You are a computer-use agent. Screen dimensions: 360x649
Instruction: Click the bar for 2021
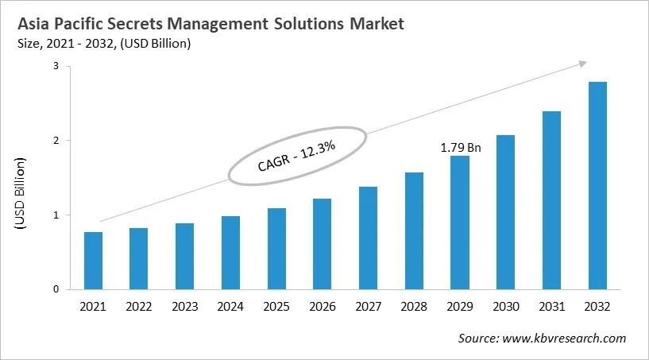point(93,261)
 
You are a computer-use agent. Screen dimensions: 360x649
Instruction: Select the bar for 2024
point(230,253)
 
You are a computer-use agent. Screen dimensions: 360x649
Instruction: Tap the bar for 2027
point(368,238)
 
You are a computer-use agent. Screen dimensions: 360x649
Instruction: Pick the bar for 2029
point(460,223)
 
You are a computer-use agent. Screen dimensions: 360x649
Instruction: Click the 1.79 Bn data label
point(461,147)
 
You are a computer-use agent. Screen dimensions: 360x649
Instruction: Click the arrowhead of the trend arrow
point(583,63)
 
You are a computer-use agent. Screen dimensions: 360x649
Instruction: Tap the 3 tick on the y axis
point(56,67)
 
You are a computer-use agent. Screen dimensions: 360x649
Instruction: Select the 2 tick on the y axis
point(56,141)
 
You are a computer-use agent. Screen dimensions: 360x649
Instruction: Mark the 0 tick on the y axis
point(56,289)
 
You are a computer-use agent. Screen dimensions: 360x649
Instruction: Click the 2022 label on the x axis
point(139,306)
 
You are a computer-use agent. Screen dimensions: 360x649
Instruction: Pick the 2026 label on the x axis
point(323,306)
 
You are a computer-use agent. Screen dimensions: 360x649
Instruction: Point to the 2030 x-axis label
point(506,306)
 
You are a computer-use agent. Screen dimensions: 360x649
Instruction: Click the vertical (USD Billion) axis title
point(21,195)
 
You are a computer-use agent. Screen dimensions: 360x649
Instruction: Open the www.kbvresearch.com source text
point(567,338)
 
